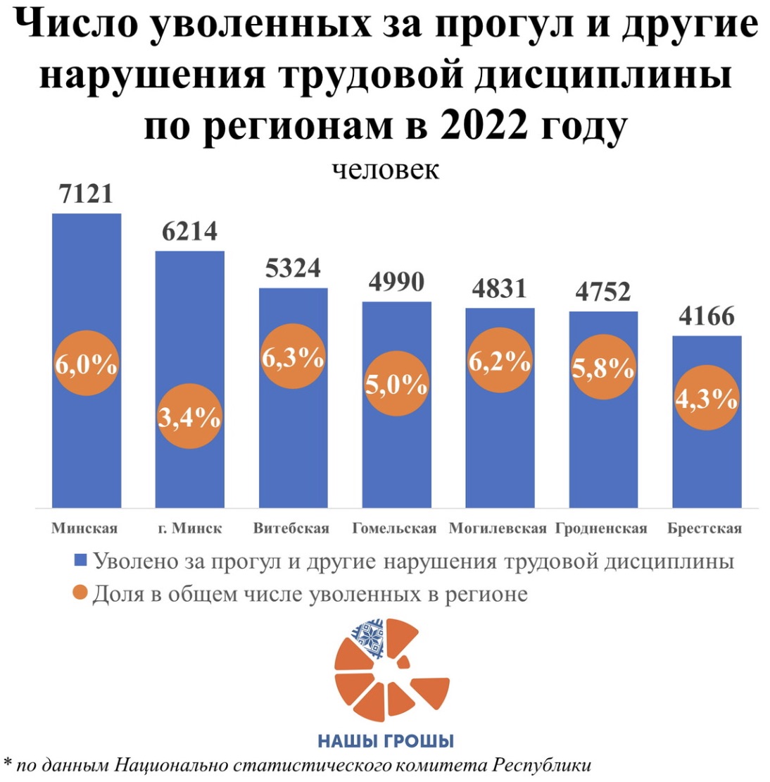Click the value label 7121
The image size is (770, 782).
(x=87, y=194)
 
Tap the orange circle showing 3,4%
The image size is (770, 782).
(x=189, y=417)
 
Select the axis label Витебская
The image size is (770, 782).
(x=291, y=528)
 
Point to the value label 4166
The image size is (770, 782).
(x=707, y=316)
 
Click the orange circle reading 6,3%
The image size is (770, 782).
(x=293, y=357)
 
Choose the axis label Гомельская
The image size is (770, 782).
(x=394, y=528)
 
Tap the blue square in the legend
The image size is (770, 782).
(x=80, y=561)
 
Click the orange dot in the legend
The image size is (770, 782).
(x=80, y=593)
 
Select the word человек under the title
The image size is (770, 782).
(x=386, y=170)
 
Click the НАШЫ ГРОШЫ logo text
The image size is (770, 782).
(x=386, y=741)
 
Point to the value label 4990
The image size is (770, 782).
(x=396, y=282)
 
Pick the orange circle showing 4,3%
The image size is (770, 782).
(x=706, y=399)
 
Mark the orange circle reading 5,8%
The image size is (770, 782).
(x=602, y=367)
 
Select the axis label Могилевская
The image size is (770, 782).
(x=498, y=528)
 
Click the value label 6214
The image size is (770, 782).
(x=190, y=231)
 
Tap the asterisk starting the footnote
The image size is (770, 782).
(x=8, y=763)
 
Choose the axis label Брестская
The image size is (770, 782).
(x=705, y=528)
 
